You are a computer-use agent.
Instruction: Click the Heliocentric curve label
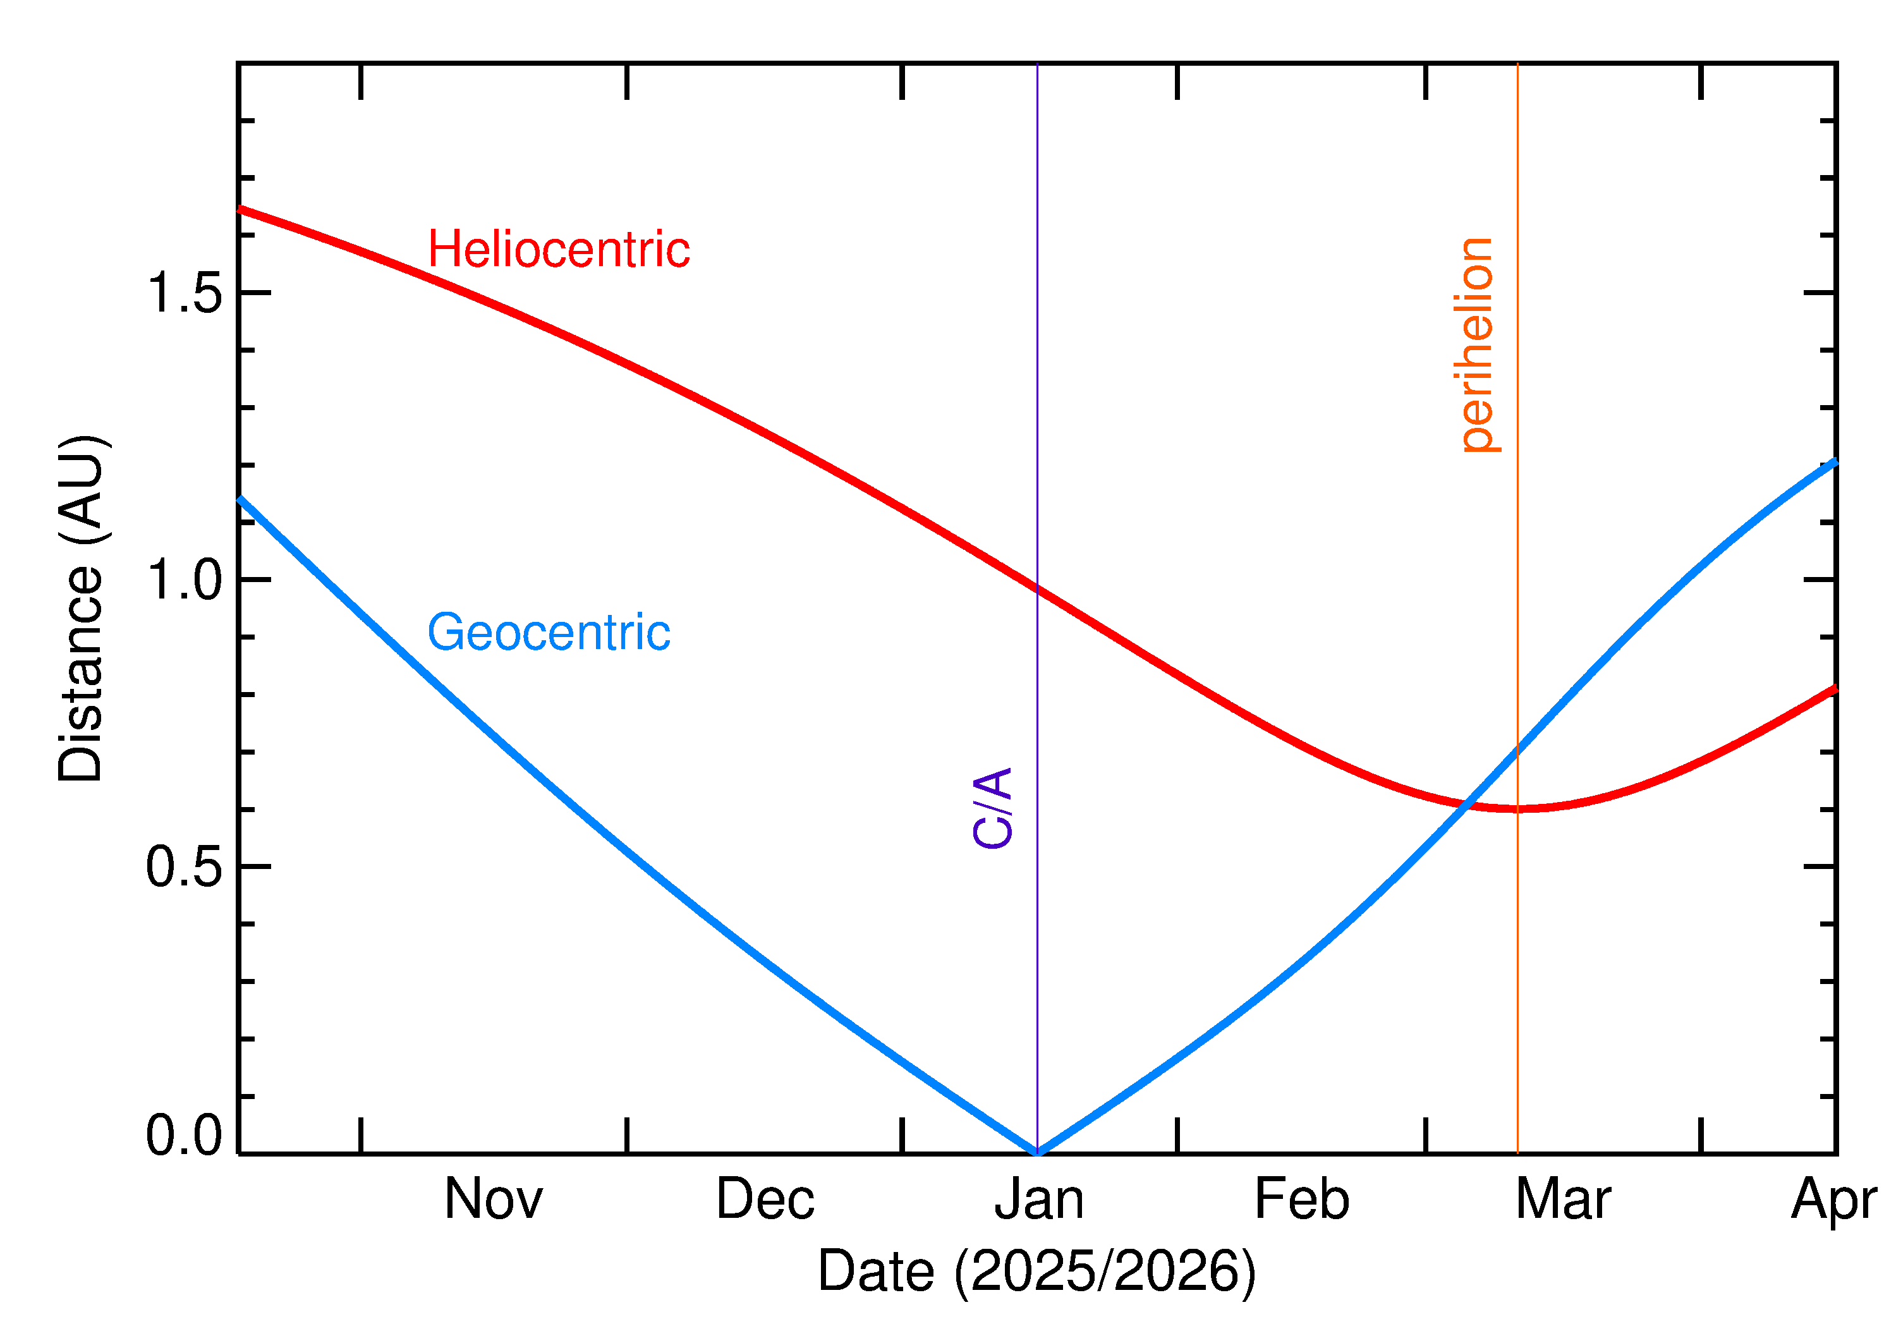[558, 250]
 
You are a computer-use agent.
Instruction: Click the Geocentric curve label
[548, 633]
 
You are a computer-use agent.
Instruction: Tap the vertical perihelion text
[1477, 345]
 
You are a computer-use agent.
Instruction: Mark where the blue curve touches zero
[1038, 1152]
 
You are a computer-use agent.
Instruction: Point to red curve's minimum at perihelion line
[1517, 809]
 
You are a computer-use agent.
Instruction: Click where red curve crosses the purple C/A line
[1038, 589]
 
